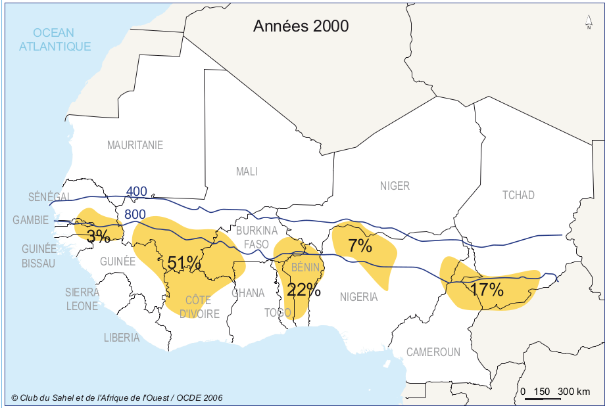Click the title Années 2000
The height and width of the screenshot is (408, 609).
click(x=301, y=26)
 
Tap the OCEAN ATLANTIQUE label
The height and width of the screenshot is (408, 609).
click(x=55, y=39)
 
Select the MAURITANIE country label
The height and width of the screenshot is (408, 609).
click(x=135, y=145)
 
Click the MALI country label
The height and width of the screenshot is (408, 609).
click(x=247, y=171)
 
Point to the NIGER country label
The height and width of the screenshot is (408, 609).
click(x=395, y=186)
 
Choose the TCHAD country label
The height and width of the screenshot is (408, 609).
click(x=518, y=195)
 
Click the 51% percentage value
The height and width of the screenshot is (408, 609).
click(x=183, y=263)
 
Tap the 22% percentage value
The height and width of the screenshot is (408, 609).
click(x=303, y=289)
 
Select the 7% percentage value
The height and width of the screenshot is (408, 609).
click(x=360, y=246)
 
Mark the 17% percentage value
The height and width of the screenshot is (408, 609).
click(x=487, y=289)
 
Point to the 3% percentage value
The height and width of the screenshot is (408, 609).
click(x=98, y=237)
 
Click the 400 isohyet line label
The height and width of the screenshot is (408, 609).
click(x=136, y=192)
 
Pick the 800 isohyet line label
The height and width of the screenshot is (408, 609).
click(x=135, y=214)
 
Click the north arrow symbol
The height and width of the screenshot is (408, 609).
click(x=589, y=24)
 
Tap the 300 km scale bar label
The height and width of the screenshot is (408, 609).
click(x=573, y=392)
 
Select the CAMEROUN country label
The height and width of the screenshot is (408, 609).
click(x=433, y=352)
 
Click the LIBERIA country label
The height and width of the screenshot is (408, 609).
click(x=122, y=338)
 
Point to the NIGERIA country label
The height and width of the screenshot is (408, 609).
click(x=358, y=297)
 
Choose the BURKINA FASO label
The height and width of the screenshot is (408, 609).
click(x=252, y=237)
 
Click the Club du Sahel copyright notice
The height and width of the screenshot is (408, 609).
click(x=117, y=397)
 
